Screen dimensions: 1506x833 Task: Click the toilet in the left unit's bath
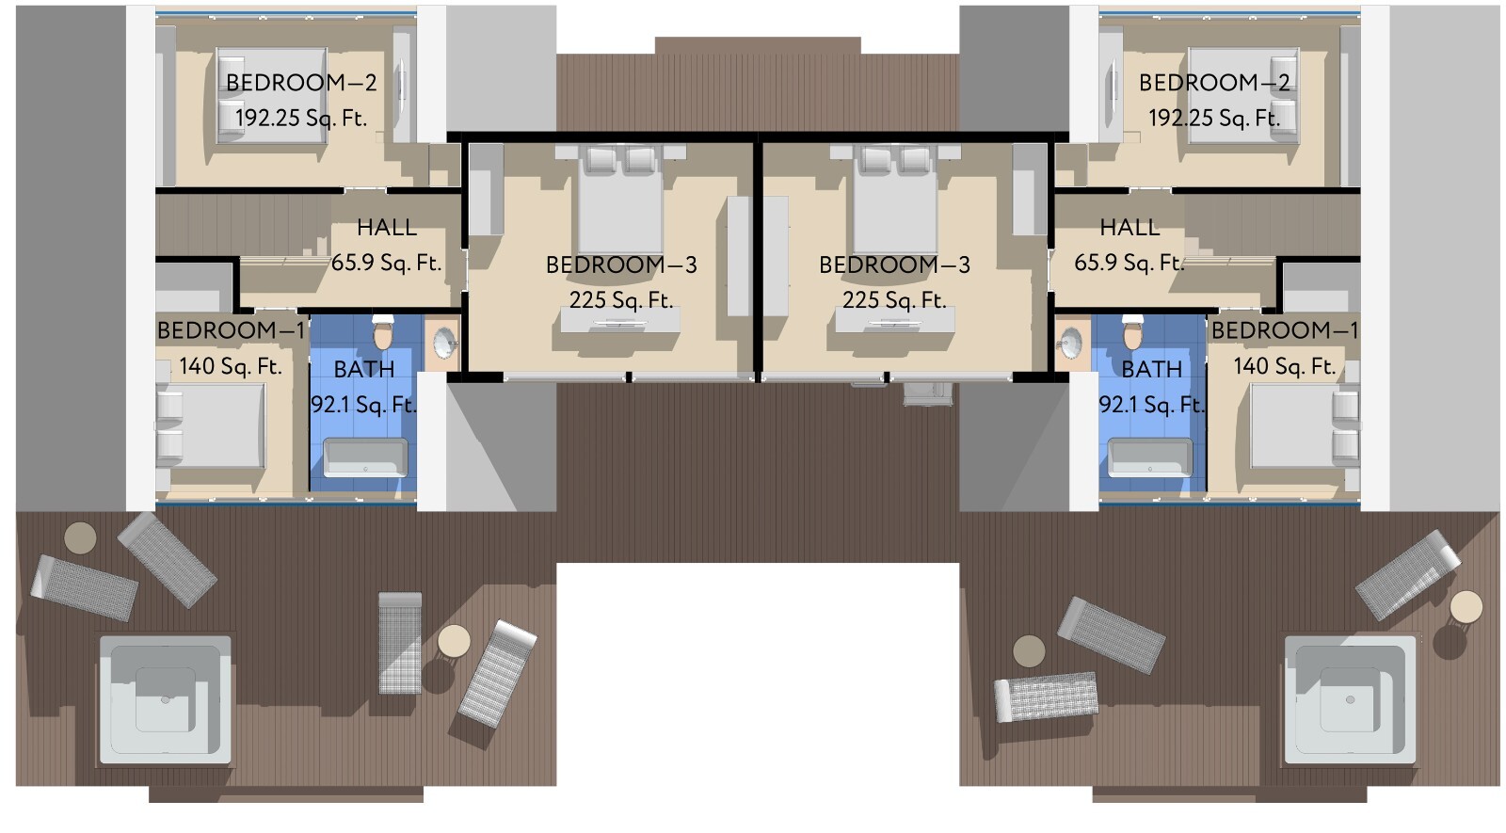[x=382, y=331]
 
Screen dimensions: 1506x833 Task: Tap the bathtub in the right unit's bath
[x=1149, y=457]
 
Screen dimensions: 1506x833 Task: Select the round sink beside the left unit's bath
[x=443, y=343]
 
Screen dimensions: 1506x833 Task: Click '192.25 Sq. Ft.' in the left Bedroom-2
[x=300, y=119]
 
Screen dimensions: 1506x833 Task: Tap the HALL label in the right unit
[x=1129, y=227]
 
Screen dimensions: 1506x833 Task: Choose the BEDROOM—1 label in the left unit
[x=232, y=330]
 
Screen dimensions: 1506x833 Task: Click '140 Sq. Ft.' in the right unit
[x=1284, y=366]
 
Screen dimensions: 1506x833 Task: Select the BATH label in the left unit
[x=363, y=369]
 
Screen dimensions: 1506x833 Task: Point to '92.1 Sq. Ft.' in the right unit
[x=1152, y=405]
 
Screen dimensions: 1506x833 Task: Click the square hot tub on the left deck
[x=165, y=700]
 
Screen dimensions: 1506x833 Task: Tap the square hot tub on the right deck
[x=1350, y=700]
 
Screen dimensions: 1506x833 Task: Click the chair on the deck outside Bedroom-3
[x=927, y=393]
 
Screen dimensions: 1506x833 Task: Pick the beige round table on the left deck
[x=454, y=641]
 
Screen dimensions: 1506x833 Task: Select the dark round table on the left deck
[x=80, y=538]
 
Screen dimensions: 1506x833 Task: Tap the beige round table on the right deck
[x=1466, y=607]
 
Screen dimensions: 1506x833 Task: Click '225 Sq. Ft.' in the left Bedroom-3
[x=621, y=300]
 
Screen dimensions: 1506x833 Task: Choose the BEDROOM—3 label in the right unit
[x=894, y=264]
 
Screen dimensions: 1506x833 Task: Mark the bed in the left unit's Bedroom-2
[x=272, y=95]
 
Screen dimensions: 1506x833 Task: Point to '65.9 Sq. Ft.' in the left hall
[x=386, y=263]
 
